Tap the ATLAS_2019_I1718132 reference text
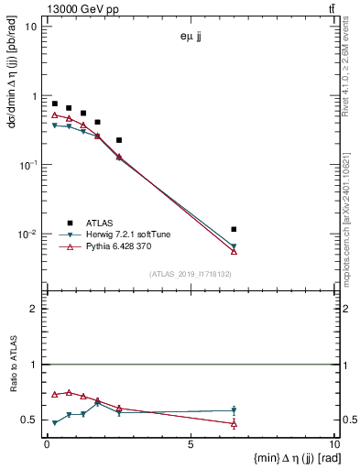[191, 274]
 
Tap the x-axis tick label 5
[190, 444]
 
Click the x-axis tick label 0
[47, 444]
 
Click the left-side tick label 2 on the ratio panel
[36, 309]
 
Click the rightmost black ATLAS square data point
[235, 229]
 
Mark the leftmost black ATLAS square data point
[55, 104]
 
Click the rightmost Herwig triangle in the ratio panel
[235, 410]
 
